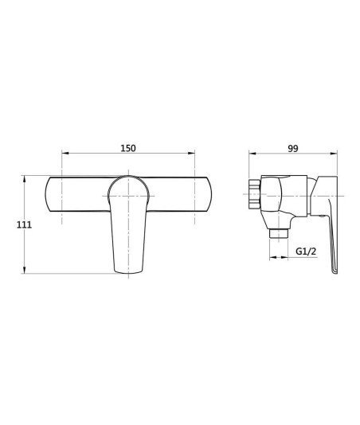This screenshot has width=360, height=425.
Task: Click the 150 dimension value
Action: click(128, 148)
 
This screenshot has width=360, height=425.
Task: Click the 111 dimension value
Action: click(24, 224)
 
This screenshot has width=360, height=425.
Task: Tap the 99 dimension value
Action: click(293, 148)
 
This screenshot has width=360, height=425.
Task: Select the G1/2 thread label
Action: click(306, 251)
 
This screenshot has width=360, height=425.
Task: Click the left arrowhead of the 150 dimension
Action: click(65, 153)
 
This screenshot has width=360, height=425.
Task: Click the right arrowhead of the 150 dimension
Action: click(191, 153)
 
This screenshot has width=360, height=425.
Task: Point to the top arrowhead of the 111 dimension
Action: click(25, 179)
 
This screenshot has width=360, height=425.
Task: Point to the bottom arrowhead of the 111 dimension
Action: click(25, 270)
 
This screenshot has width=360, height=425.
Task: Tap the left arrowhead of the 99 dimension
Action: click(252, 154)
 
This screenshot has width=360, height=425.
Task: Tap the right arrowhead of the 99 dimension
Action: click(334, 154)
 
